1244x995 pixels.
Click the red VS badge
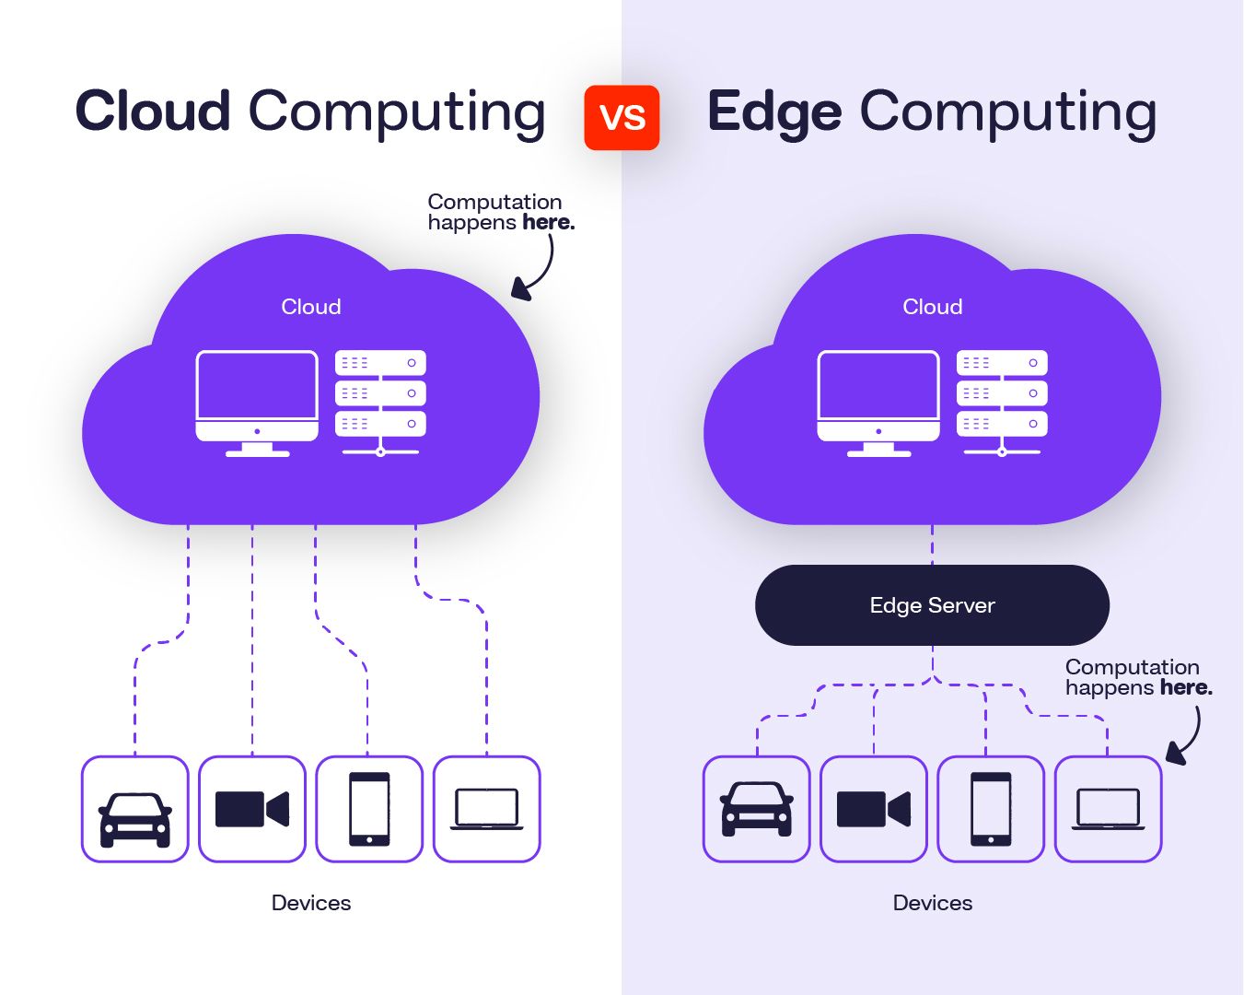[622, 117]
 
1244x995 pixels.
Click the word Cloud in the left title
[153, 111]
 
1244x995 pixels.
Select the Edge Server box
[932, 605]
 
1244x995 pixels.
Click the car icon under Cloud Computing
[134, 810]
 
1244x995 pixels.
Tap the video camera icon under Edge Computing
[873, 810]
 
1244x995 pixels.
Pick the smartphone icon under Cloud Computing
[369, 810]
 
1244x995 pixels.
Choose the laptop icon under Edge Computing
[1108, 810]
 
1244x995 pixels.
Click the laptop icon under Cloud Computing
[486, 810]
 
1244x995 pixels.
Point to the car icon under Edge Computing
[756, 810]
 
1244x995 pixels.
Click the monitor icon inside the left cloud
[257, 403]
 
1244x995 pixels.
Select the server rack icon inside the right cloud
[1002, 403]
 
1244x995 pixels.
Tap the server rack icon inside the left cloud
[380, 403]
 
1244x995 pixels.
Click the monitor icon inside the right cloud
[878, 403]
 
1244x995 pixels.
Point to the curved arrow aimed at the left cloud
[538, 270]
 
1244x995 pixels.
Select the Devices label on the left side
[311, 903]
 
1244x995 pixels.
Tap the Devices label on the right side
[932, 903]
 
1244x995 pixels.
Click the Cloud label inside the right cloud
[932, 307]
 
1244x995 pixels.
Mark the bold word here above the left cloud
[548, 223]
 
